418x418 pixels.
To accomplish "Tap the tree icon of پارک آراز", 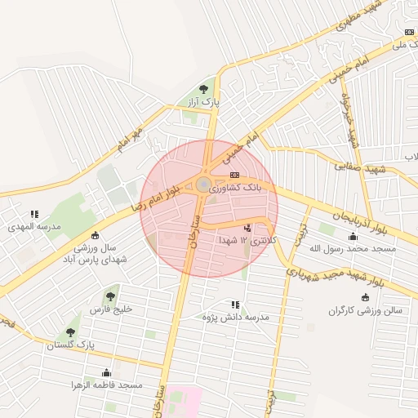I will click(x=203, y=89).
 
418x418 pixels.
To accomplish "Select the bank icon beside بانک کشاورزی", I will click(x=234, y=175).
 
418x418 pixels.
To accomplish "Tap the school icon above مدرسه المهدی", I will click(x=34, y=214).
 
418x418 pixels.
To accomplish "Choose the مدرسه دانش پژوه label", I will click(x=236, y=316).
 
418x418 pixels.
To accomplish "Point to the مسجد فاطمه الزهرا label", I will click(x=107, y=384).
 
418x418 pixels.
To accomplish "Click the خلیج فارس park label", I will click(x=110, y=309).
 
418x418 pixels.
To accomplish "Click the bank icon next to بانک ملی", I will click(x=408, y=32).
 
